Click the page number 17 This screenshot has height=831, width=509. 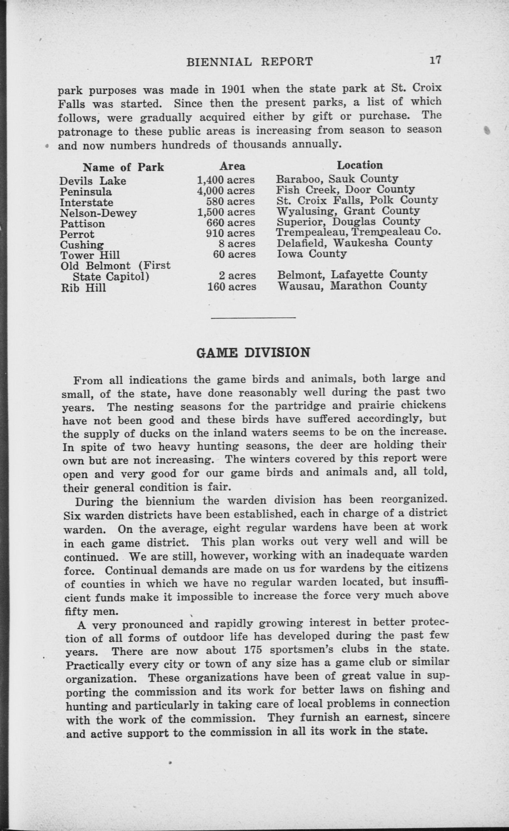(x=435, y=60)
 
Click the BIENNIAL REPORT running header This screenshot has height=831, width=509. (x=250, y=61)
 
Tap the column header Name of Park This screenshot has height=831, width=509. (x=123, y=167)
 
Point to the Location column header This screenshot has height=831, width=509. (x=360, y=165)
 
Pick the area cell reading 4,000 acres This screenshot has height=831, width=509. (x=226, y=191)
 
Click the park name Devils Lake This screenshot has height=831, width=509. (x=93, y=181)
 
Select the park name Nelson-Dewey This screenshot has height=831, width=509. (x=98, y=213)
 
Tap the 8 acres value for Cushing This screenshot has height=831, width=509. (x=237, y=244)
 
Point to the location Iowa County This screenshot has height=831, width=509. (x=311, y=254)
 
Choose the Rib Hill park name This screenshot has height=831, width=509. (x=83, y=288)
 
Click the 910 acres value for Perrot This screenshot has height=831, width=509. (x=230, y=233)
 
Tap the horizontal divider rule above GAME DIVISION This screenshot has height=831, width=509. (x=253, y=317)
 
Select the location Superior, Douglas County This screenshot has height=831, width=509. (x=348, y=222)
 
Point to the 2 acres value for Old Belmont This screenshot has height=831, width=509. (x=237, y=275)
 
